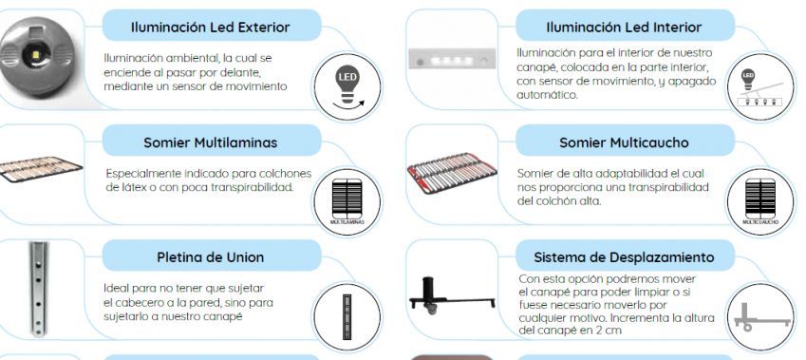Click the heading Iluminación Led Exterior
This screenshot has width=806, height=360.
[210, 28]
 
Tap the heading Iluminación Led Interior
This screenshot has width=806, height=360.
[624, 28]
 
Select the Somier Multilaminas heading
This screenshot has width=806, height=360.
[210, 142]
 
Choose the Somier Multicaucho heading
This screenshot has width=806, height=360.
[624, 142]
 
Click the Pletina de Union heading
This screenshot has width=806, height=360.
[210, 257]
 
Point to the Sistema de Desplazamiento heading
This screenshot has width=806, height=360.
[624, 257]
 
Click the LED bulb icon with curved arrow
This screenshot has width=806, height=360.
[347, 87]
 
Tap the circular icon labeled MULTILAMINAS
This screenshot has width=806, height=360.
[347, 202]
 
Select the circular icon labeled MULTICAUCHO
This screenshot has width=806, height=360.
[760, 202]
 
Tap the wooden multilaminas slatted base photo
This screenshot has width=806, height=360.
[39, 169]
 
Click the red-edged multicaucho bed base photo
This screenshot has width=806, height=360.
[452, 172]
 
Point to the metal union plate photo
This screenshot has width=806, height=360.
[38, 289]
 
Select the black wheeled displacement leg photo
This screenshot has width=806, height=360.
[452, 294]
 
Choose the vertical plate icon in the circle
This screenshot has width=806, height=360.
[347, 317]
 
